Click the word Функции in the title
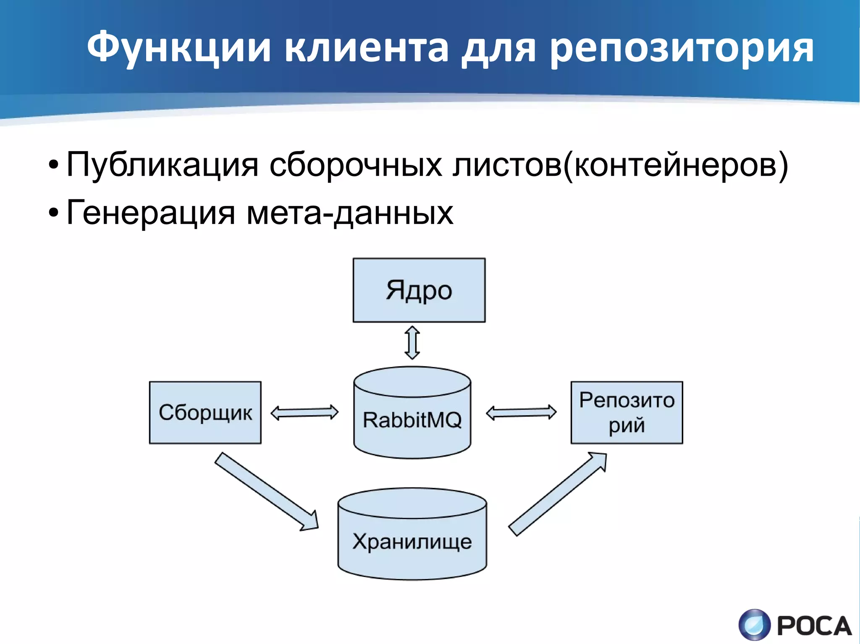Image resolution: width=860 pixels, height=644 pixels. pos(178,48)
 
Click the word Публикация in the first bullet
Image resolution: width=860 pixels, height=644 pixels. pos(162,165)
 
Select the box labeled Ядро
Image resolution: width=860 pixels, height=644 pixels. pos(419,290)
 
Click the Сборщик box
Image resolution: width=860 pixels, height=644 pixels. pos(205,412)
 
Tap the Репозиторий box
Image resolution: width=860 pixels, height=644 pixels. pos(627,412)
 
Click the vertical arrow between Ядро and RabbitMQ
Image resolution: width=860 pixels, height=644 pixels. pos(412,343)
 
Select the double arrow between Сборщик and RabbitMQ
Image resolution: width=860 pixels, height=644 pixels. pos(304,412)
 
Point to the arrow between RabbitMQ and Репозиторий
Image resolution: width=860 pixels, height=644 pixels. pos(521,413)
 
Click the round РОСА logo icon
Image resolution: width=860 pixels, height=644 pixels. pos(755,625)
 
